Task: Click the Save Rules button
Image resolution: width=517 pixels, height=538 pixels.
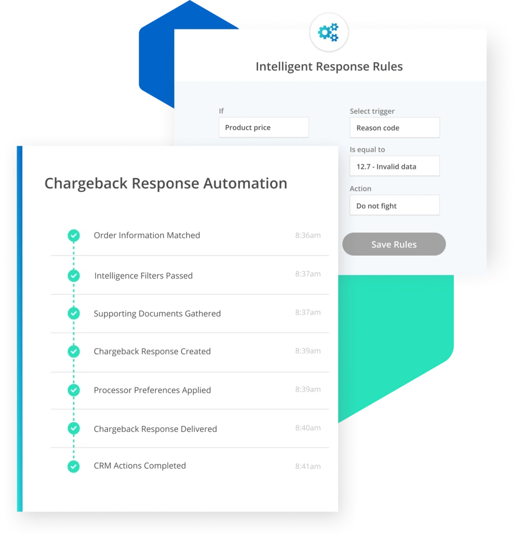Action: point(393,244)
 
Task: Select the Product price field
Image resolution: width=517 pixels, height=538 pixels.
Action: point(263,128)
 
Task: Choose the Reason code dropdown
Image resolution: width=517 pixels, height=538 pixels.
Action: point(394,128)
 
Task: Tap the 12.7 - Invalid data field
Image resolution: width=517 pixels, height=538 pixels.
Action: point(394,166)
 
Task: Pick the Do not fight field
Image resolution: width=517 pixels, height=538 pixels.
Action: point(394,206)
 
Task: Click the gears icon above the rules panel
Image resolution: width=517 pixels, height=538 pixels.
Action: point(328,33)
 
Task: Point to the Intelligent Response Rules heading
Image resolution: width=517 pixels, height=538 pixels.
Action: point(329,67)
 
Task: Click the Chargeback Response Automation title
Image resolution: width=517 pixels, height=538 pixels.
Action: point(165,183)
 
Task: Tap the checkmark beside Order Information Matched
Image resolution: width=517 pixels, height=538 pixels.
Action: point(74,236)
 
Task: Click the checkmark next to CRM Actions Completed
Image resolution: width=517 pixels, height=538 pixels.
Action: point(74,466)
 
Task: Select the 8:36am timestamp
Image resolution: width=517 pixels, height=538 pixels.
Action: point(308,235)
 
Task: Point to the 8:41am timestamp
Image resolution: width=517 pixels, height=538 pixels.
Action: point(308,466)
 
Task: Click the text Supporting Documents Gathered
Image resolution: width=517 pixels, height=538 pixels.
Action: point(157,314)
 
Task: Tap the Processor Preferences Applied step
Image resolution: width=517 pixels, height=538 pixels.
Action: point(152,390)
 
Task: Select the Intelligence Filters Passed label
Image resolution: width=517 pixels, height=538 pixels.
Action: point(143,276)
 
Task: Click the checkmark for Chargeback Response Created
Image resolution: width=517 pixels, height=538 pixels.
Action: point(74,351)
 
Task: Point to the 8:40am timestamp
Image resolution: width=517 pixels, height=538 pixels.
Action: point(308,428)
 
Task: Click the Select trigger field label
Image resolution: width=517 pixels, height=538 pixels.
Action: point(372,111)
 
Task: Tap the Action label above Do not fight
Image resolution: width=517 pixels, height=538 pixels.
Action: point(360,189)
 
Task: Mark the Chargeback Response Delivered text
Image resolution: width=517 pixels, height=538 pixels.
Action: point(155,429)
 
